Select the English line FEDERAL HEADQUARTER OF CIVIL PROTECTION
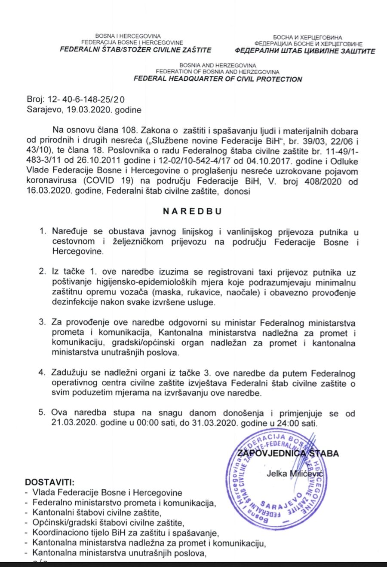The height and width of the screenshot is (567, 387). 218,79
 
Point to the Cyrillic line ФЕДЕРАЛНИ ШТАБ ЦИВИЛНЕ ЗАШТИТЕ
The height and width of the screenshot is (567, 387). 305,51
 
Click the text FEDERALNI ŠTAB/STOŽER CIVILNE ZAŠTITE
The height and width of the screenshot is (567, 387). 135,49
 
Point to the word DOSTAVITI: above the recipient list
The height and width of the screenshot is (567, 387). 50,482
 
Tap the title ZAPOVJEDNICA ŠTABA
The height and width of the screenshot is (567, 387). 288,453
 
